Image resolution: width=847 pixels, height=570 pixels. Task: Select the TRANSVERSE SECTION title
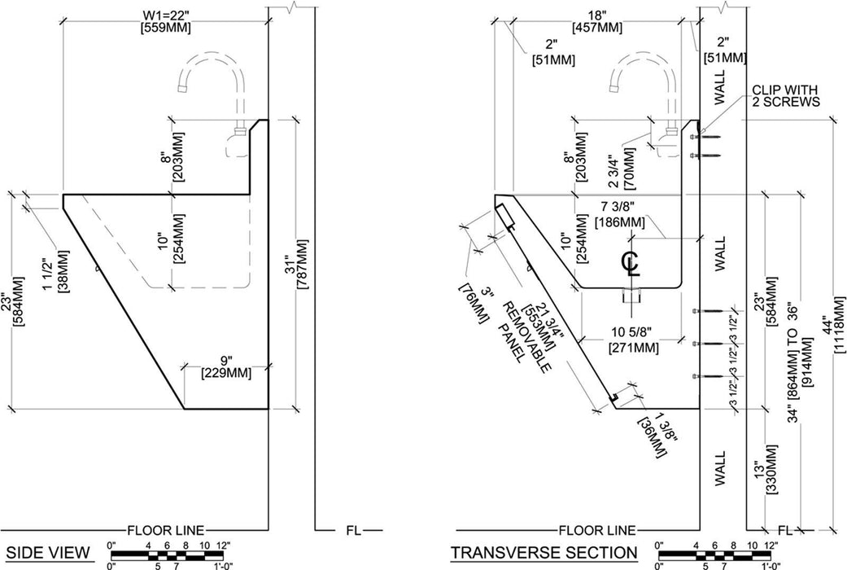coord(544,553)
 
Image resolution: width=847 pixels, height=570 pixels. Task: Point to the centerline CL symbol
coord(631,263)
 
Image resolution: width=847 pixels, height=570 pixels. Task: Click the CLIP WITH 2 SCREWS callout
coord(785,95)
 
